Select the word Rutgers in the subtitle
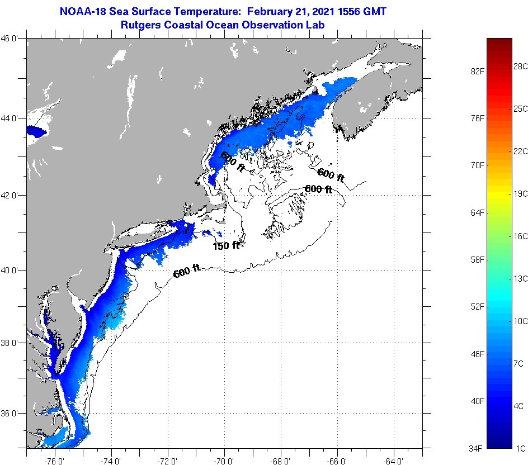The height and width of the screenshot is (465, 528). [141, 25]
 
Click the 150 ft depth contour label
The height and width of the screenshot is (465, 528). [226, 245]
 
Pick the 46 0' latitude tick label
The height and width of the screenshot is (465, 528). [12, 39]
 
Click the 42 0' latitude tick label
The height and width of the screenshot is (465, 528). [12, 195]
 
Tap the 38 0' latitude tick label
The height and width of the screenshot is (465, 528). [12, 343]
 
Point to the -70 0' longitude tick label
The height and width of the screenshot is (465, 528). [224, 461]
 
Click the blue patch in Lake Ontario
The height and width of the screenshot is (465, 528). [35, 132]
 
